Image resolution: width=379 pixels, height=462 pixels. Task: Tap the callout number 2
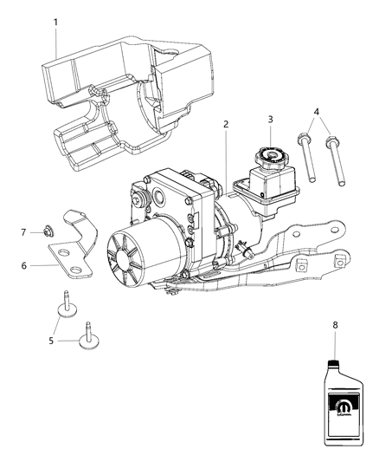226,124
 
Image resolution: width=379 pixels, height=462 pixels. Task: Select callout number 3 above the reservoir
270,119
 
